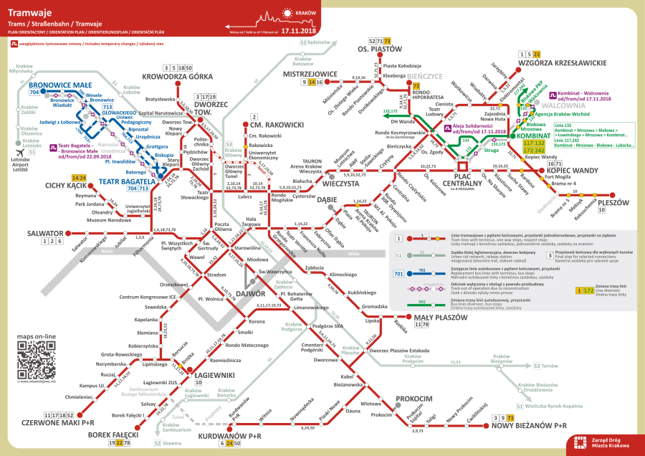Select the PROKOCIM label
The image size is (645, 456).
414,398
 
